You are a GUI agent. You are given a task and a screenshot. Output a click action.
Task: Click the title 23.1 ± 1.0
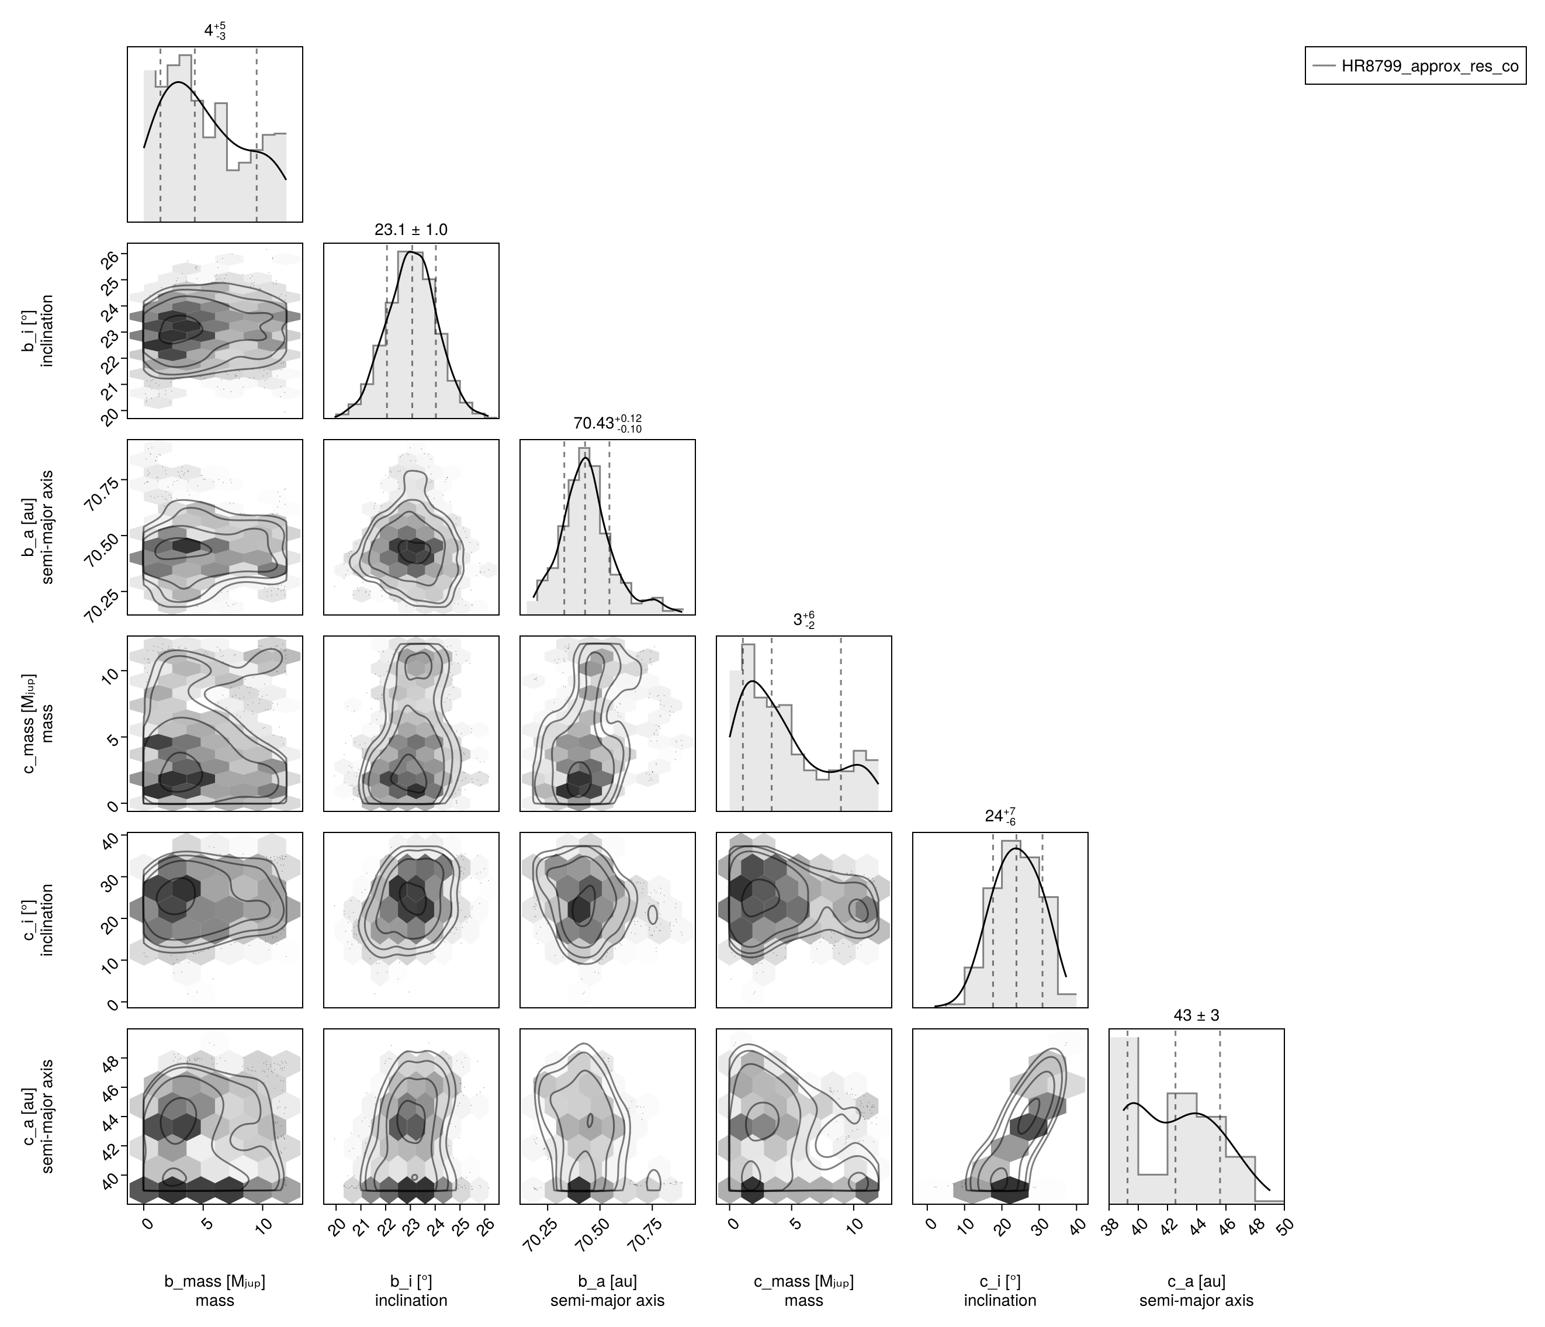[411, 230]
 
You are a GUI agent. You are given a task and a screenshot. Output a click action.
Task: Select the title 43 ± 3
[1196, 1015]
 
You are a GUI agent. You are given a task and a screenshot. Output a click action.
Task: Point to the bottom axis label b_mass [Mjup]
[215, 1281]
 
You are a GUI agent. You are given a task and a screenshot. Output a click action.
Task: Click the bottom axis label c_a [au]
[1196, 1281]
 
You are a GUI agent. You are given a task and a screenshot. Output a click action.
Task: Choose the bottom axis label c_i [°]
[1000, 1281]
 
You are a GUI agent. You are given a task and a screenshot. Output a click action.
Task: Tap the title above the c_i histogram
[1000, 817]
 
